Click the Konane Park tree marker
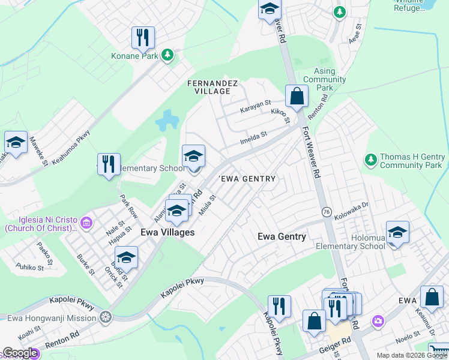point(167,56)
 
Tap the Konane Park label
point(134,56)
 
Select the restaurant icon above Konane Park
point(143,38)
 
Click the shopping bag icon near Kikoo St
point(297,95)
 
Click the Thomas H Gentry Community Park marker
point(370,160)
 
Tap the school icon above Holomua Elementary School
point(397,232)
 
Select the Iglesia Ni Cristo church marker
point(86,223)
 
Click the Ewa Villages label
point(167,232)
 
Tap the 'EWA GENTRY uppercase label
point(247,179)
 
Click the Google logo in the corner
point(20,353)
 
